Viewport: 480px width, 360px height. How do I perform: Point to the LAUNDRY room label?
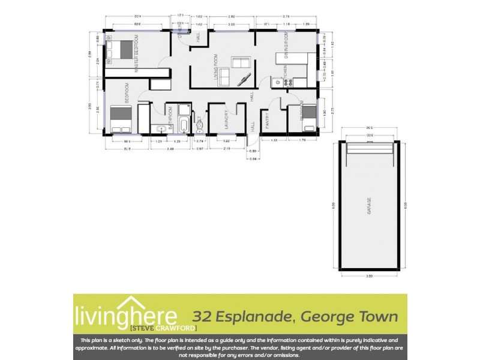226,120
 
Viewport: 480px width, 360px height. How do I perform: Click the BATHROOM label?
170,118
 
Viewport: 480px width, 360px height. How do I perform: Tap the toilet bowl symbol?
200,125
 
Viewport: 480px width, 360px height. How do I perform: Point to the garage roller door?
368,145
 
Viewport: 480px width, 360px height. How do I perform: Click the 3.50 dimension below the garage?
368,275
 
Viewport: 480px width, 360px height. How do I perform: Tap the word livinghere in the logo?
125,316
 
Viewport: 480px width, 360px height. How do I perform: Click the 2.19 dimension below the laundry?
226,148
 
